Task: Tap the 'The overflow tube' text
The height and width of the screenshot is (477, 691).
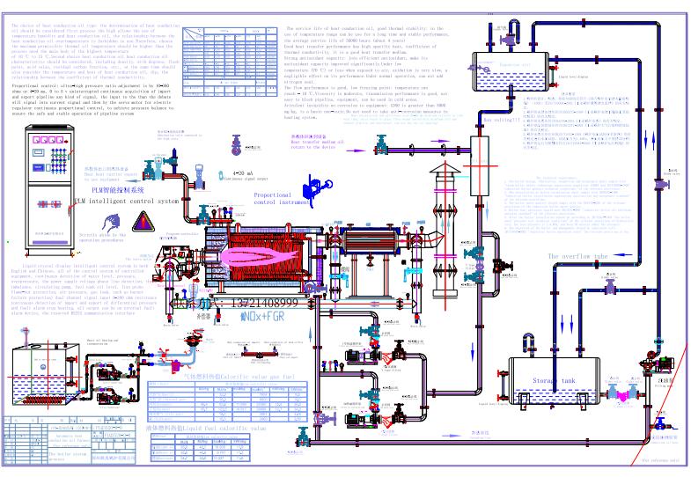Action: click(x=578, y=256)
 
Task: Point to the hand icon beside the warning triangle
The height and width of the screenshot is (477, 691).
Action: click(x=169, y=220)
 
